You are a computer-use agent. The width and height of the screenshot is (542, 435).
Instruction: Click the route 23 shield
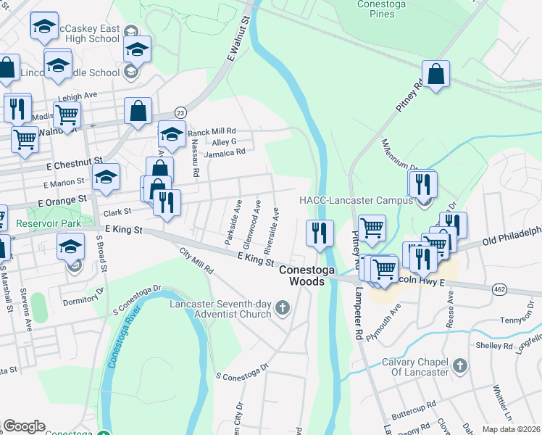[180, 112]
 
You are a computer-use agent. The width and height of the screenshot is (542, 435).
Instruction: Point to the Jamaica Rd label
[225, 152]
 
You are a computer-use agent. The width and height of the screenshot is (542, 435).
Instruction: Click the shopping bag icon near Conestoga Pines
[436, 75]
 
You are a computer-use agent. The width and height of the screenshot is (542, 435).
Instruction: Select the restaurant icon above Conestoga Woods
[320, 233]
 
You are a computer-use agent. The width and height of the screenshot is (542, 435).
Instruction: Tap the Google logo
[24, 426]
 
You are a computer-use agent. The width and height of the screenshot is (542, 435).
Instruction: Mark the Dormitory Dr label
[84, 300]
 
